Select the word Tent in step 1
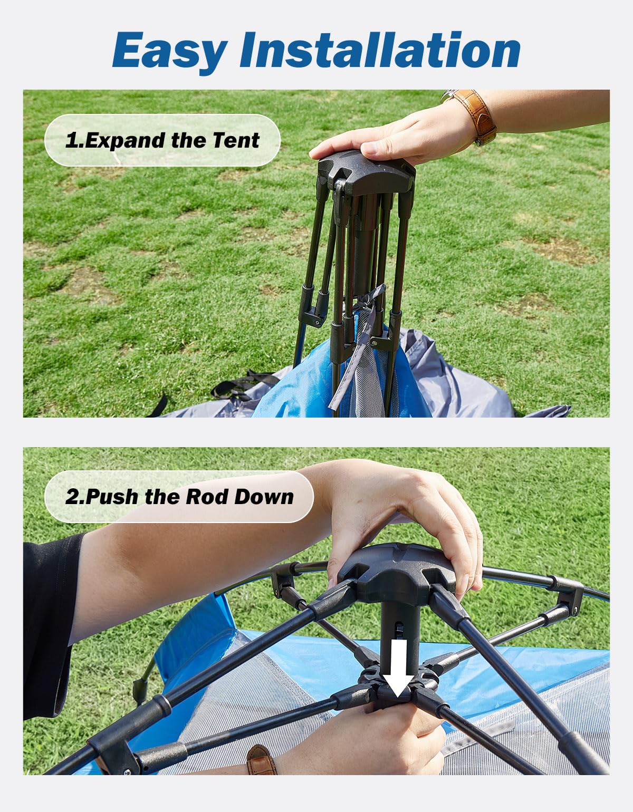(236, 140)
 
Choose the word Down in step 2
(263, 497)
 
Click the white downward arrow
(399, 668)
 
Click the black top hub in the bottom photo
(396, 572)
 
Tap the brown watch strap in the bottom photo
(262, 760)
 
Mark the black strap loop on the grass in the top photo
(243, 385)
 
